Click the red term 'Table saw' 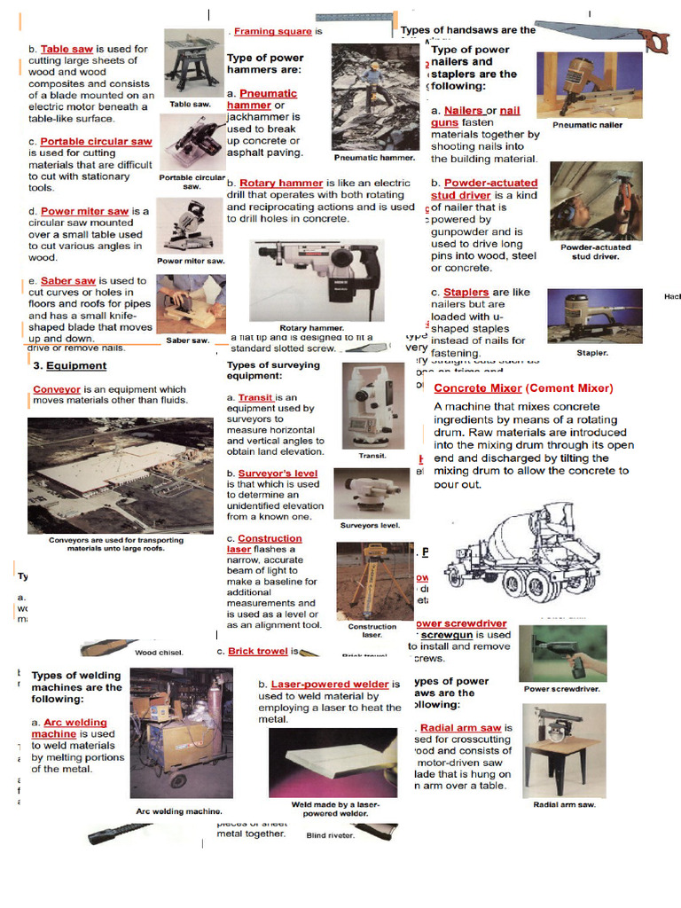[x=67, y=50]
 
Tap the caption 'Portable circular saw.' [x=192, y=182]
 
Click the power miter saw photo [x=190, y=226]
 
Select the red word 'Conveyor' [x=57, y=389]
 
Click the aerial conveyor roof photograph [x=120, y=474]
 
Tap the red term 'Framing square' [x=272, y=31]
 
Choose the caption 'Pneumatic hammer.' [x=374, y=157]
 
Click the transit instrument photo [x=372, y=404]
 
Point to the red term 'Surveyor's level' [x=278, y=474]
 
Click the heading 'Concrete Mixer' [x=478, y=388]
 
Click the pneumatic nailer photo [x=588, y=84]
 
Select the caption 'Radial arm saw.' [x=564, y=804]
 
